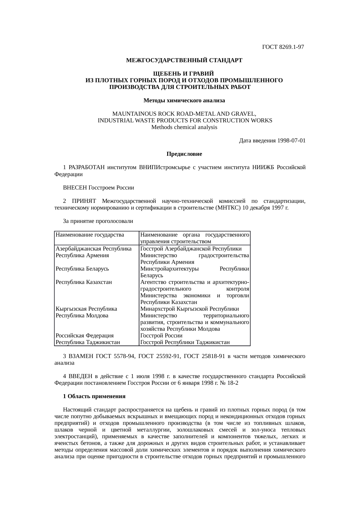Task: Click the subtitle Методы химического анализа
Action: [184, 101]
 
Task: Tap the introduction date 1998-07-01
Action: [291, 141]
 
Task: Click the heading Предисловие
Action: [184, 154]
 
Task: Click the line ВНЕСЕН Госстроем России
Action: [98, 188]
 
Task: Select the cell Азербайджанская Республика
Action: [93, 249]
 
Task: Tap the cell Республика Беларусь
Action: [82, 269]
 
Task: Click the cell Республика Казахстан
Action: [84, 282]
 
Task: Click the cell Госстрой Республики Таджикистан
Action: [185, 342]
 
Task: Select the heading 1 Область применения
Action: [94, 396]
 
